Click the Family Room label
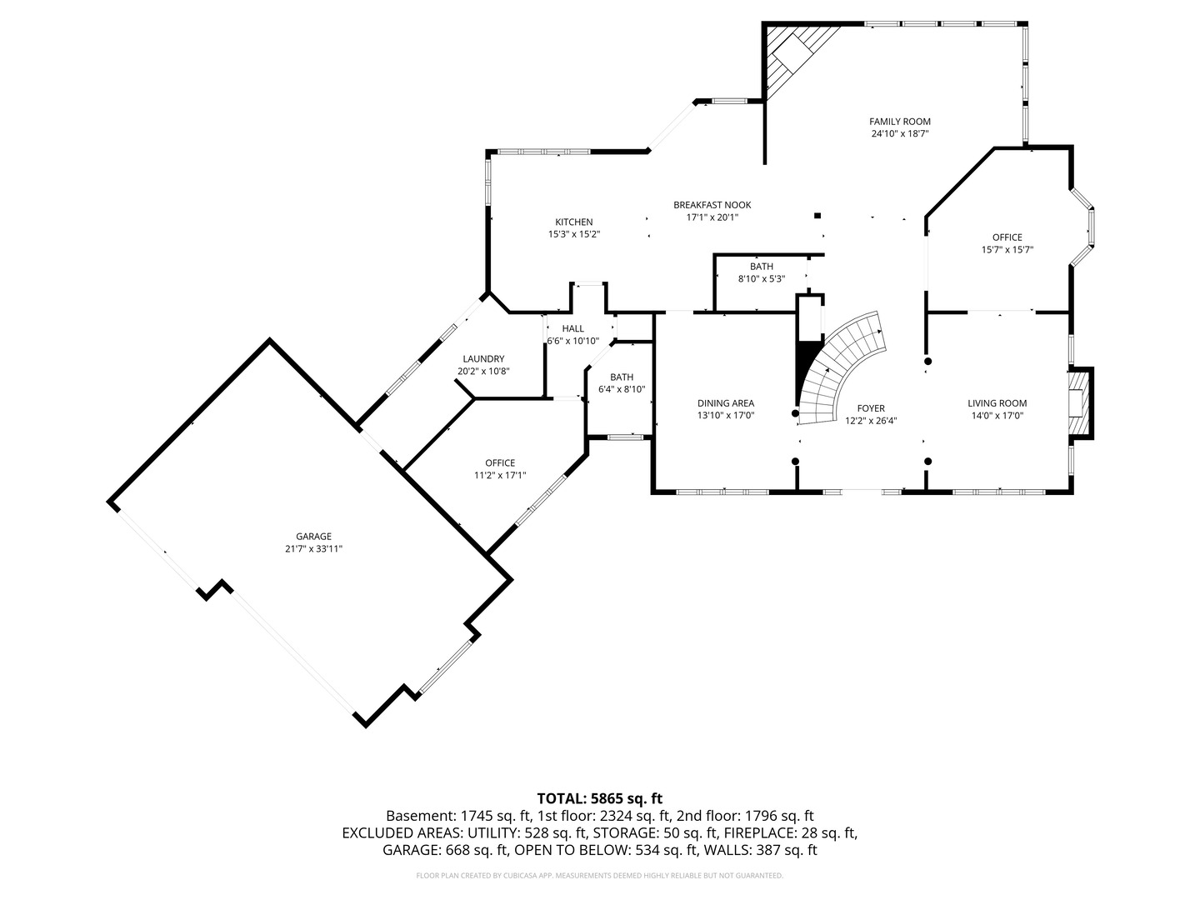(900, 122)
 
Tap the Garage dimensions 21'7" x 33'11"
(314, 548)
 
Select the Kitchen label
(574, 222)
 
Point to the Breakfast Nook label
(712, 205)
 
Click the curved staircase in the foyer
(842, 367)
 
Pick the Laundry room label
(483, 359)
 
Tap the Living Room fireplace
(1080, 402)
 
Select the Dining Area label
(726, 403)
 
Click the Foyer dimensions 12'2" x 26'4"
(871, 421)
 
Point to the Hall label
(572, 329)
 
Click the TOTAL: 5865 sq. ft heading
(599, 798)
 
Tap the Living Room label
(997, 403)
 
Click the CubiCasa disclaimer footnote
(599, 876)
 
